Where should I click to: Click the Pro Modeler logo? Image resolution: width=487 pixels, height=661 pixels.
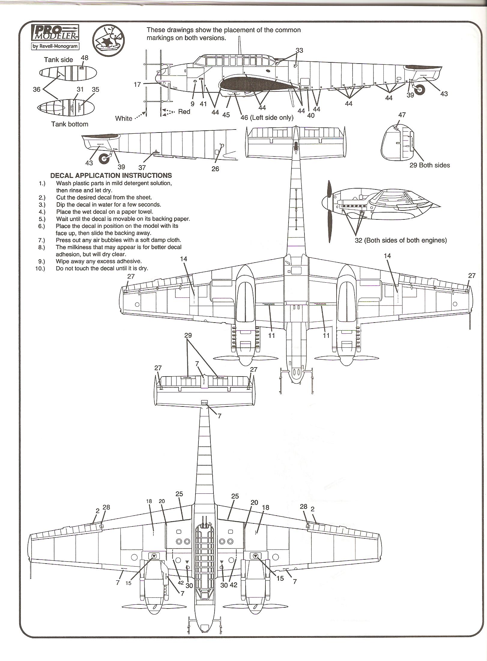(55, 34)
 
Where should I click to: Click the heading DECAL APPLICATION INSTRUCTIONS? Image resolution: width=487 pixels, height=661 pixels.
(111, 176)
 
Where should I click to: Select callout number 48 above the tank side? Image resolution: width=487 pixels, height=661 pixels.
(85, 58)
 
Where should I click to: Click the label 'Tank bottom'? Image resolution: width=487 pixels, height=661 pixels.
(70, 124)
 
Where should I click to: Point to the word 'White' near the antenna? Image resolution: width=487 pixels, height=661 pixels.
(124, 118)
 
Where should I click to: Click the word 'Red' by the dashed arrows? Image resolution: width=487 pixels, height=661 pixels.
(184, 112)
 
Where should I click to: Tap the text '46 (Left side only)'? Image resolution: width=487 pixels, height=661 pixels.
(267, 118)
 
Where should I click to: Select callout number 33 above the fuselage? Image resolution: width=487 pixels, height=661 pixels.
(299, 50)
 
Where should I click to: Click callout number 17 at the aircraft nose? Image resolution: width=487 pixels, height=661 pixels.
(137, 85)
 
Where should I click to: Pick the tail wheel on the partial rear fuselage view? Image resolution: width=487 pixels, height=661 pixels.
(104, 159)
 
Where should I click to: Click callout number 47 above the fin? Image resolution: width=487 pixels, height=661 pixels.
(402, 115)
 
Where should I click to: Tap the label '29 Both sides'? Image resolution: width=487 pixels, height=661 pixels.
(430, 165)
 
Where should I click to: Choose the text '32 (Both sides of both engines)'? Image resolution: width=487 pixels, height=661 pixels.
(401, 240)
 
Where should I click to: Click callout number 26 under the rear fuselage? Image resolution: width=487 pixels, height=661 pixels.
(215, 169)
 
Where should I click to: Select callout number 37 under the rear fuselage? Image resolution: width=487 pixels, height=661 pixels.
(142, 167)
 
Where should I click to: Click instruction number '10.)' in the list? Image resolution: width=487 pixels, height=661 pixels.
(40, 269)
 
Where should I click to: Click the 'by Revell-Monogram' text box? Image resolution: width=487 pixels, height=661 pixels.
(55, 46)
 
